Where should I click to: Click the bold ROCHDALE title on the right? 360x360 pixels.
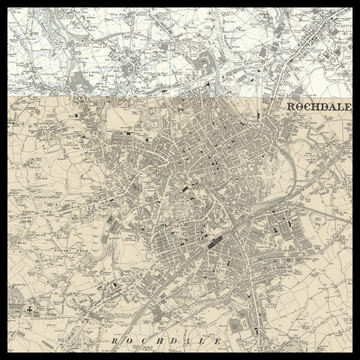[x=319, y=106]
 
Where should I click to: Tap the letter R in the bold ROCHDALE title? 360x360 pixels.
[x=290, y=106]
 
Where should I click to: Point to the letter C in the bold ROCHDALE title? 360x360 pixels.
[x=308, y=106]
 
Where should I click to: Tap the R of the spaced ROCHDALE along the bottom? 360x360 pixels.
[x=114, y=342]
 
